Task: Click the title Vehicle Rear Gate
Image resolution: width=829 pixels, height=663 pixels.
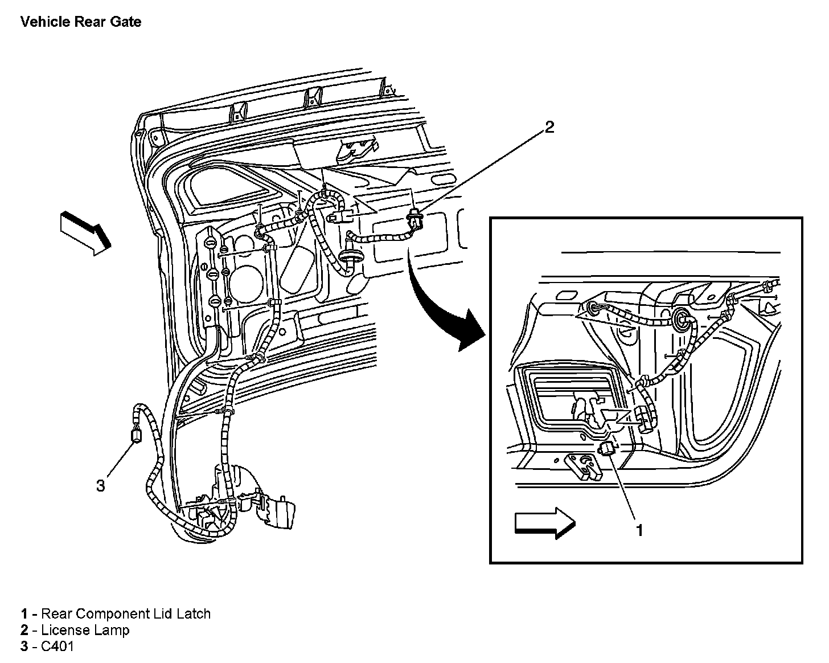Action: (81, 22)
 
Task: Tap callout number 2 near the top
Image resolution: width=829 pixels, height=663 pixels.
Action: (549, 127)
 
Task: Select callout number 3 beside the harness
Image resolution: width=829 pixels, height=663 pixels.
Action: (101, 486)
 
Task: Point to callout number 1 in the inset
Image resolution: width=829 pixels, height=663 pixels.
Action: (639, 530)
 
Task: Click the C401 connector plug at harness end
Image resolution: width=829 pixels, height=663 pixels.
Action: (137, 436)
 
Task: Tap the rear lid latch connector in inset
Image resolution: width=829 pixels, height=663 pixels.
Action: (606, 449)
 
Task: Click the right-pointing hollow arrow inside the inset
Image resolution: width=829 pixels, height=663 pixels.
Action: (545, 523)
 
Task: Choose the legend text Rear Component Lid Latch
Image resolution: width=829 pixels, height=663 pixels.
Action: (126, 613)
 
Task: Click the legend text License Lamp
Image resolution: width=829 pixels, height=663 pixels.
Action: (85, 630)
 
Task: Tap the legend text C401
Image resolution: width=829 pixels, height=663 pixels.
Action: (58, 646)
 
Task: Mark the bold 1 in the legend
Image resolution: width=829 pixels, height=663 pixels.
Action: (24, 613)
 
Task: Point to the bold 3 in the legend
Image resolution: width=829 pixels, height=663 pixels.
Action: (24, 646)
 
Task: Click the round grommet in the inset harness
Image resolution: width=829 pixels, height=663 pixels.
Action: (680, 318)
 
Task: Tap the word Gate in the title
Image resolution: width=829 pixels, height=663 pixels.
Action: (126, 22)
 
